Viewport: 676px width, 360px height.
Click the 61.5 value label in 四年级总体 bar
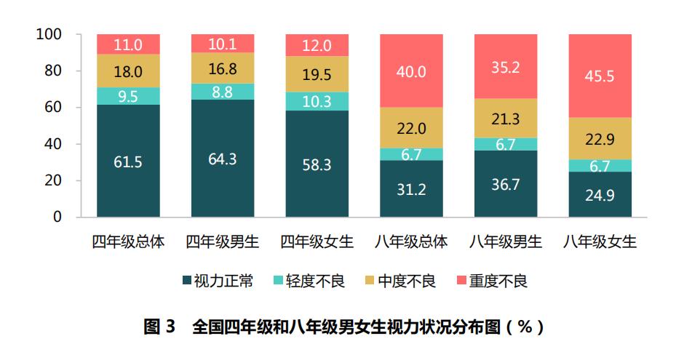click(x=128, y=161)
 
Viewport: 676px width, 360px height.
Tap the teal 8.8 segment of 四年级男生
click(x=223, y=92)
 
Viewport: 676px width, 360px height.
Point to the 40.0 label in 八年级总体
click(x=411, y=71)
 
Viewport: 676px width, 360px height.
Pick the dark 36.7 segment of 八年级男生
click(x=506, y=183)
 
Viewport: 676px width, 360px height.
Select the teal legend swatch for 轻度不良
click(x=270, y=281)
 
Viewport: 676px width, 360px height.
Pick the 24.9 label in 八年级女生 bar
click(x=600, y=195)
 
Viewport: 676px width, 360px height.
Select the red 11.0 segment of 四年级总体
click(x=128, y=44)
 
